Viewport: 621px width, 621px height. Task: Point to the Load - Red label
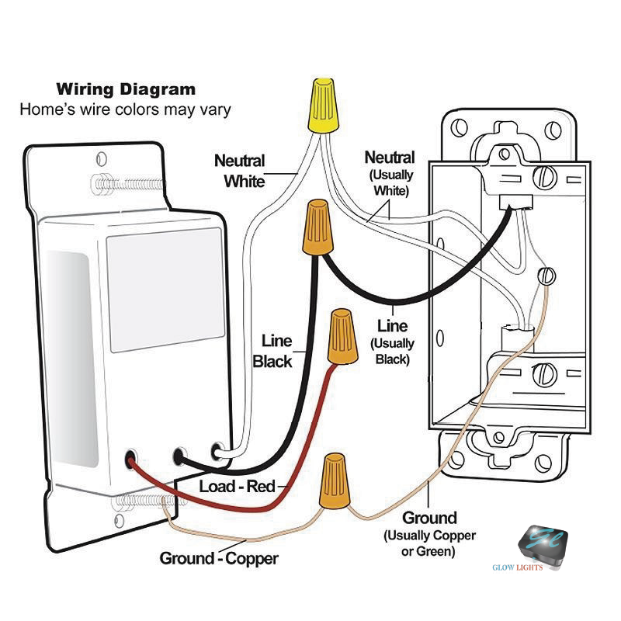point(238,487)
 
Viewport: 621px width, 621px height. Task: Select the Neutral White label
point(240,171)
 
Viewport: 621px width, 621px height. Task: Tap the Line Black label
point(272,351)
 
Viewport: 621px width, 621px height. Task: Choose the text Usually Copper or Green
point(429,543)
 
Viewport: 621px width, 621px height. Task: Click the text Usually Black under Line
point(393,351)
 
